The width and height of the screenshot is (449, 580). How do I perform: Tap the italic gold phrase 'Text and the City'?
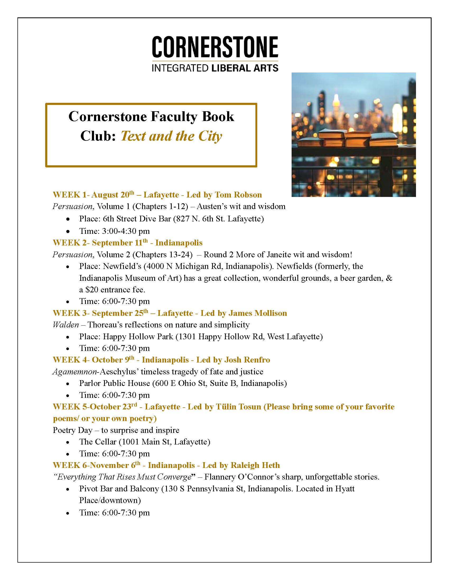(x=171, y=136)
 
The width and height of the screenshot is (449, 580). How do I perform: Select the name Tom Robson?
(x=238, y=195)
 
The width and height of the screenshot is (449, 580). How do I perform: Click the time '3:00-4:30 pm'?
(x=126, y=231)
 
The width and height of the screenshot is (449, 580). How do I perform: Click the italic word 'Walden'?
(x=66, y=325)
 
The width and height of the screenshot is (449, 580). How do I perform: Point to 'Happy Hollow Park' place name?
(x=138, y=336)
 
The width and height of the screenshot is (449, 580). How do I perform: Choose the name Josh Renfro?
(x=247, y=360)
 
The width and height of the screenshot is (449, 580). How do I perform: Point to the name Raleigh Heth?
(x=255, y=465)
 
